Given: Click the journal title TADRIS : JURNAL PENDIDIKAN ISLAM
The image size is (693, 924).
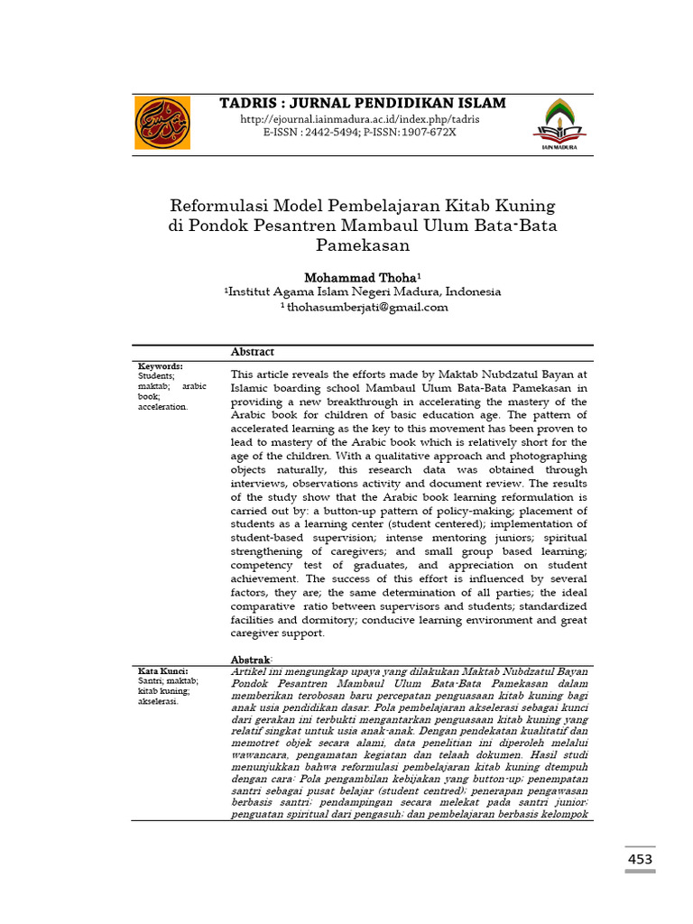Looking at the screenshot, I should click(363, 103).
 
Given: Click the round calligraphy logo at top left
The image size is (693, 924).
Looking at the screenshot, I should click(162, 124).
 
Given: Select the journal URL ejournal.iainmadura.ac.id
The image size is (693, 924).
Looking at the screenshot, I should click(359, 119).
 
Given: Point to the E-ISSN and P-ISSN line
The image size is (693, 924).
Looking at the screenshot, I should click(359, 132).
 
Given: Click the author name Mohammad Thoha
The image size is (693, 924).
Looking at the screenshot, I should click(359, 276).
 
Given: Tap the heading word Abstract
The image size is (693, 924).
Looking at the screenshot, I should click(253, 352).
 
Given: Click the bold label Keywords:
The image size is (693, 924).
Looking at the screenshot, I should click(160, 366).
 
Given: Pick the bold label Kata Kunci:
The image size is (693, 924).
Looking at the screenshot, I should click(162, 671).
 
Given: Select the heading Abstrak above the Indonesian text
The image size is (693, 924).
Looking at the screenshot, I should click(250, 661).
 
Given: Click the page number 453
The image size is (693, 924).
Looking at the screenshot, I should click(640, 860).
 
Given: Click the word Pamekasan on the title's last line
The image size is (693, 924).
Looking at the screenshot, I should click(363, 245).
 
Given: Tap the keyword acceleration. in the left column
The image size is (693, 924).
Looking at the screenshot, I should click(163, 407).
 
